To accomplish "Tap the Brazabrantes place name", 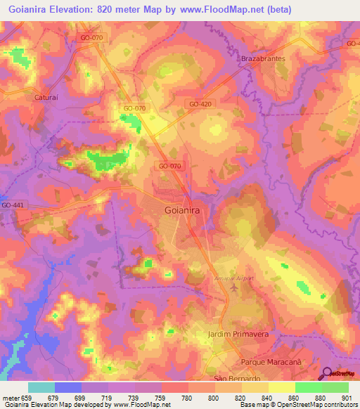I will [263, 59].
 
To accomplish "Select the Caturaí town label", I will [48, 98].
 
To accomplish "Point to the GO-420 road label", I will [200, 103].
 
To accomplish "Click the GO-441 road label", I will [12, 204].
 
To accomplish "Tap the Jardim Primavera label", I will [239, 335].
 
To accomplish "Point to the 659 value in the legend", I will [25, 398].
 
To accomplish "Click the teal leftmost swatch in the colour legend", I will [41, 387].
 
